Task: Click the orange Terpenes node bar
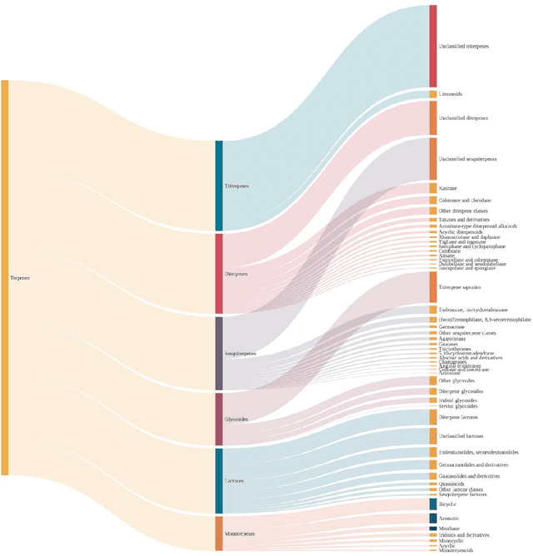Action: (5, 277)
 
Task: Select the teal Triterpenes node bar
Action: (219, 186)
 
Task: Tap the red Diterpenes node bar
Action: (219, 273)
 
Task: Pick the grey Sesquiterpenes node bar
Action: (219, 353)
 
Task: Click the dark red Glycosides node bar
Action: (219, 419)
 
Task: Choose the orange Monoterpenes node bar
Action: (219, 533)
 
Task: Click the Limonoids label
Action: (451, 94)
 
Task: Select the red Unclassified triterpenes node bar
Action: (433, 46)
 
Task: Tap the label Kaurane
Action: (448, 188)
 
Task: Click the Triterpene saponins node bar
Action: (433, 286)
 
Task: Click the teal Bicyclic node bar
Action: (433, 504)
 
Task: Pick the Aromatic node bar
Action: (433, 519)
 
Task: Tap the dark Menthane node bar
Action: (433, 529)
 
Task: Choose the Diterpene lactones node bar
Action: (433, 417)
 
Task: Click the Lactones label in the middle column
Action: (235, 481)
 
